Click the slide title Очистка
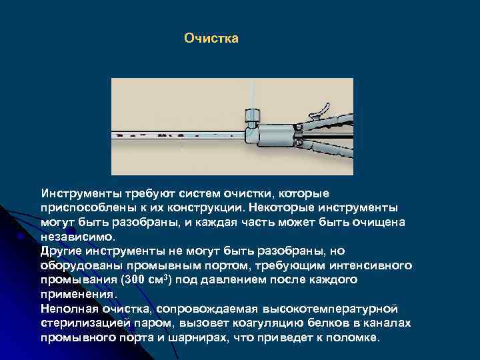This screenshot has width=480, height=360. click(x=211, y=39)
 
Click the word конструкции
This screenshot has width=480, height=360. click(x=211, y=207)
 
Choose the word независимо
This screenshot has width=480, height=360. click(x=77, y=236)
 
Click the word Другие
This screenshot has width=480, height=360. click(x=60, y=251)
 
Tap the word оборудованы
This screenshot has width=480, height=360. click(x=76, y=265)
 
